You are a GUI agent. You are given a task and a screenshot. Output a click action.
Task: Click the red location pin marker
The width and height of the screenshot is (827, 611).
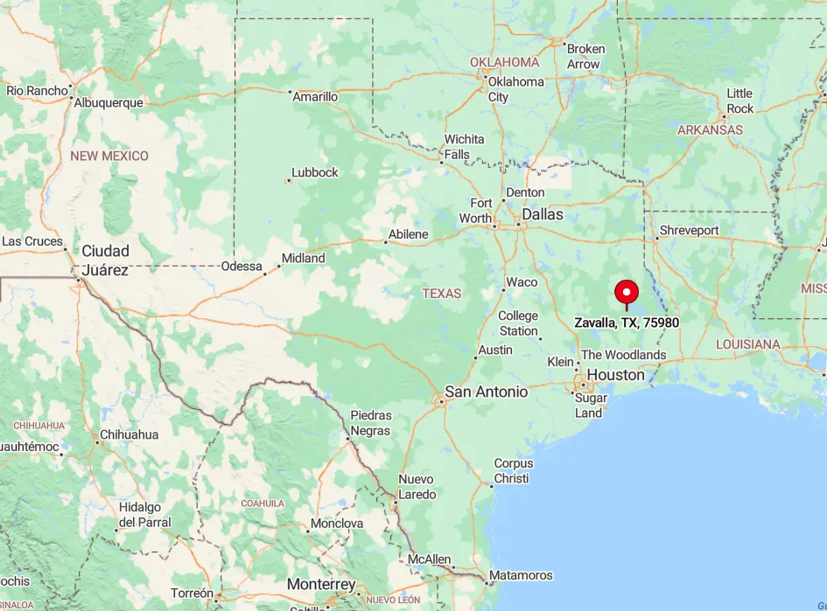pyautogui.click(x=627, y=293)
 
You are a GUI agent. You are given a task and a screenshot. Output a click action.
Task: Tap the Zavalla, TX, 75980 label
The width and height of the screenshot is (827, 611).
pyautogui.click(x=627, y=323)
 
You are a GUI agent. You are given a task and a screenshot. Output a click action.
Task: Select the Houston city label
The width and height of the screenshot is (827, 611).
pyautogui.click(x=615, y=375)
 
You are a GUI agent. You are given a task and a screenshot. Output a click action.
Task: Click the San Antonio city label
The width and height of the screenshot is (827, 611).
pyautogui.click(x=486, y=392)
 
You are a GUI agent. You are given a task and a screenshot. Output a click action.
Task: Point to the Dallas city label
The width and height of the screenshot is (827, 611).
pyautogui.click(x=543, y=214)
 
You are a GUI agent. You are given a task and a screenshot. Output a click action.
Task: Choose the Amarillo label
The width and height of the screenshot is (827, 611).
pyautogui.click(x=315, y=96)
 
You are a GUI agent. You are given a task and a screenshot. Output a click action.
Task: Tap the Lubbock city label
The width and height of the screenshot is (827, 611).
pyautogui.click(x=315, y=172)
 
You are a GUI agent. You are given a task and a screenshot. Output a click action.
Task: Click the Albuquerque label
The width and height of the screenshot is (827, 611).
pyautogui.click(x=109, y=102)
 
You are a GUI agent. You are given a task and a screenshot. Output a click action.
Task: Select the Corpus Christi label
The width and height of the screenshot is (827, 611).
pyautogui.click(x=513, y=470)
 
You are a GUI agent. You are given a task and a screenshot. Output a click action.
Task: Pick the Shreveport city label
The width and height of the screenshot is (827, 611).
pyautogui.click(x=689, y=231)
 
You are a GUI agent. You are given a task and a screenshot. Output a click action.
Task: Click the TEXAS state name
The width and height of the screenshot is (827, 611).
pyautogui.click(x=441, y=293)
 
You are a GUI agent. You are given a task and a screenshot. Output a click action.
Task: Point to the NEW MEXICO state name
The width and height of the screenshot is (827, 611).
pyautogui.click(x=109, y=156)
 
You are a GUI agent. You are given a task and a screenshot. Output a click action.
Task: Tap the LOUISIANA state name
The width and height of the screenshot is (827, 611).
pyautogui.click(x=748, y=344)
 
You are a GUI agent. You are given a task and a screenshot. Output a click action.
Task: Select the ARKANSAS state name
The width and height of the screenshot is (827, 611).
pyautogui.click(x=710, y=129)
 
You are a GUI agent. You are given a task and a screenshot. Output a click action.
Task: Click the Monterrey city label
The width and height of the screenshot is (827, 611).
pyautogui.click(x=321, y=585)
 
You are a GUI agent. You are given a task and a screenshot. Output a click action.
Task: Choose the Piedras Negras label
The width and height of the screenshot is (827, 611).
pyautogui.click(x=371, y=422)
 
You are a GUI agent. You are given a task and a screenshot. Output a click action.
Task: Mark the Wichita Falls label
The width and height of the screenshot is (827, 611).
pyautogui.click(x=464, y=147)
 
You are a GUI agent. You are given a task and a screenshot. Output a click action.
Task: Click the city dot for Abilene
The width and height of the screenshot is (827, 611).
pyautogui.click(x=385, y=242)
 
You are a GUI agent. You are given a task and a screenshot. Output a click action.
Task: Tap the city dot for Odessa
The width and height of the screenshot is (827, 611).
pyautogui.click(x=265, y=274)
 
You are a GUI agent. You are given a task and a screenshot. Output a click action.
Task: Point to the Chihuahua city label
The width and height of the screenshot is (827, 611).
pyautogui.click(x=129, y=434)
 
